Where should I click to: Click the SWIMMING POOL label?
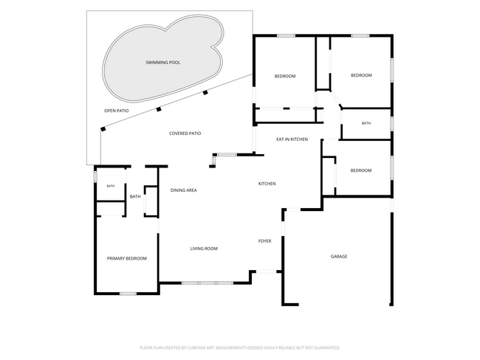[163, 63]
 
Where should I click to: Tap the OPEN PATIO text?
[117, 111]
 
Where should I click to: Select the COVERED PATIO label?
[185, 134]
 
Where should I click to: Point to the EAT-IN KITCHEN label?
[292, 139]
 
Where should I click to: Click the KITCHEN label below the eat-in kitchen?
[267, 184]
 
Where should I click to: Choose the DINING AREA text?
[183, 190]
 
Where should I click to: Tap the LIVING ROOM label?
[204, 249]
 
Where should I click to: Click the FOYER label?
[265, 241]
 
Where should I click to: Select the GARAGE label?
[339, 256]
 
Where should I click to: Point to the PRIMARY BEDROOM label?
[127, 258]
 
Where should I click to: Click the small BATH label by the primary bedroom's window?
[111, 186]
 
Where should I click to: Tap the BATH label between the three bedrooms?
[366, 123]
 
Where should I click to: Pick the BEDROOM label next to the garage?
[361, 170]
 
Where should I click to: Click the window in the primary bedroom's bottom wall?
[128, 294]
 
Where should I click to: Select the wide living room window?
[208, 283]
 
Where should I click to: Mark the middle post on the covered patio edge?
[159, 109]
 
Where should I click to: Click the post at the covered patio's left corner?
[103, 129]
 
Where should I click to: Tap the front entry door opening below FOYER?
[267, 271]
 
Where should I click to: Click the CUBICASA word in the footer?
[196, 347]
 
